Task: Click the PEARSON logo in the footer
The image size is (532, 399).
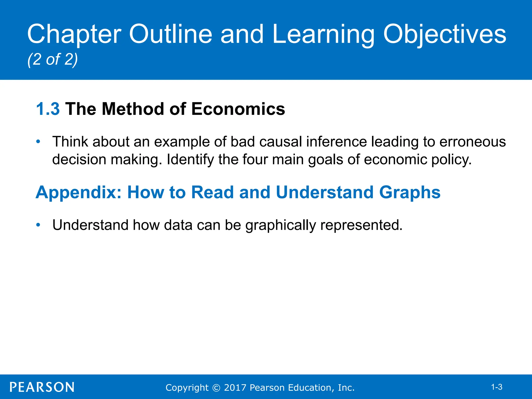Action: [42, 387]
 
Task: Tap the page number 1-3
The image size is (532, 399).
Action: [496, 387]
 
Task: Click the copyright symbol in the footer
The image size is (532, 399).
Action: [216, 388]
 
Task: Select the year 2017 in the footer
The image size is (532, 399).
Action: [235, 388]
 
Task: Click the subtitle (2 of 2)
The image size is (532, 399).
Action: [52, 59]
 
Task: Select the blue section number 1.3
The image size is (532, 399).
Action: [48, 109]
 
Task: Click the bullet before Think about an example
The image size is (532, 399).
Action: [38, 142]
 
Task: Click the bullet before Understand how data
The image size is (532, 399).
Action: [38, 225]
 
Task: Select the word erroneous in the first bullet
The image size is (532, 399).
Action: [473, 142]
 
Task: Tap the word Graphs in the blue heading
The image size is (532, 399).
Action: [410, 193]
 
